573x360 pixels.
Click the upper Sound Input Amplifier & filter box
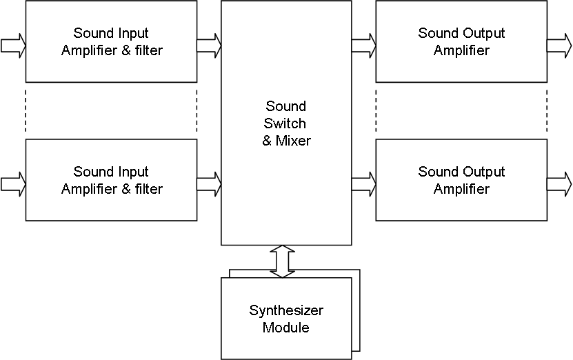(111, 41)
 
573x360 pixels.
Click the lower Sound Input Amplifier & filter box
(111, 180)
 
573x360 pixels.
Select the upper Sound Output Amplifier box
(461, 41)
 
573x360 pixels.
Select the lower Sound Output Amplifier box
(461, 180)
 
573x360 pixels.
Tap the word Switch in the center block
(286, 123)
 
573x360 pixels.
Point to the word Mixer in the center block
(293, 141)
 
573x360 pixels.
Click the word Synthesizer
(286, 310)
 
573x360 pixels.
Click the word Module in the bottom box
(286, 327)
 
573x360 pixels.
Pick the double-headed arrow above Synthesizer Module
(282, 261)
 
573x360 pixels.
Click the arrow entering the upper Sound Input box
(13, 46)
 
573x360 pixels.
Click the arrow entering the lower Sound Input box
(13, 184)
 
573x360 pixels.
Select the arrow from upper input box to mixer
(209, 46)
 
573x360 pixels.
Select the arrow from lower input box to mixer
(209, 184)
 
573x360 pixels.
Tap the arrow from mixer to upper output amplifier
(363, 46)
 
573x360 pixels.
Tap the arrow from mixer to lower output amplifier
(363, 184)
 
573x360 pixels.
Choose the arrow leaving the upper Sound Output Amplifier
(559, 46)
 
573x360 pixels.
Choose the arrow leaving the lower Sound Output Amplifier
(559, 184)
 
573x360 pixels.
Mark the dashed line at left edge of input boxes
(26, 110)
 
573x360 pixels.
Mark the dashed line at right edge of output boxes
(547, 110)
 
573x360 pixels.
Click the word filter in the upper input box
(147, 50)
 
